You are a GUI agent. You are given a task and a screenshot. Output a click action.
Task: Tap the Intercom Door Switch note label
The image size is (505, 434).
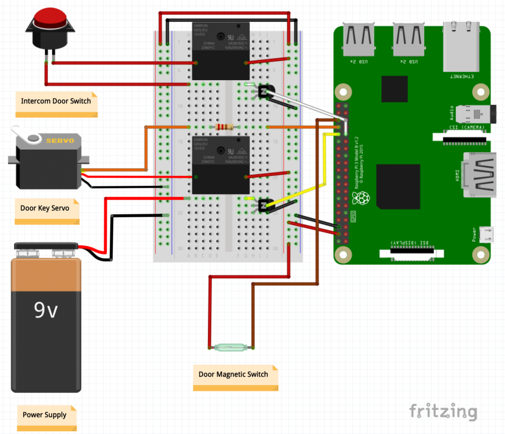(x=56, y=101)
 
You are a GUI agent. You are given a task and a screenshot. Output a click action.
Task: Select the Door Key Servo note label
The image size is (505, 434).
(x=45, y=208)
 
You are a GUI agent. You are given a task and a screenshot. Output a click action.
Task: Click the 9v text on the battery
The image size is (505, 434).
(x=45, y=310)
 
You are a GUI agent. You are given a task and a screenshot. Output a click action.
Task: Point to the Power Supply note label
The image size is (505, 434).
(x=45, y=415)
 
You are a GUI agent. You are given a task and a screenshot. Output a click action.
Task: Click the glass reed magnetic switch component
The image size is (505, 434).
(x=231, y=347)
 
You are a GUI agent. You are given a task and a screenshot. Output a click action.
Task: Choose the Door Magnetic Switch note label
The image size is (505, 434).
(x=234, y=375)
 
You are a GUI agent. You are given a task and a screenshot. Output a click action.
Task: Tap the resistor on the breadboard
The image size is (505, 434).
(x=224, y=127)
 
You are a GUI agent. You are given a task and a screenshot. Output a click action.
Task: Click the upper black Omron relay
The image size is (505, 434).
(x=221, y=51)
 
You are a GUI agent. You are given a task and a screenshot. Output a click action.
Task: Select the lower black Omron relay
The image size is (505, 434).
(x=221, y=165)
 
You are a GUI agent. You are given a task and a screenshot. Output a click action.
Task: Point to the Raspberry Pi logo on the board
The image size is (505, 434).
(x=361, y=198)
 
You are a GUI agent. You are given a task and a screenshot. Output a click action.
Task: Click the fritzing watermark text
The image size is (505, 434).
(x=443, y=411)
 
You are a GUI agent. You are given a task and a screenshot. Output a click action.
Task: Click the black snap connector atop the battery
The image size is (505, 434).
(x=46, y=246)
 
